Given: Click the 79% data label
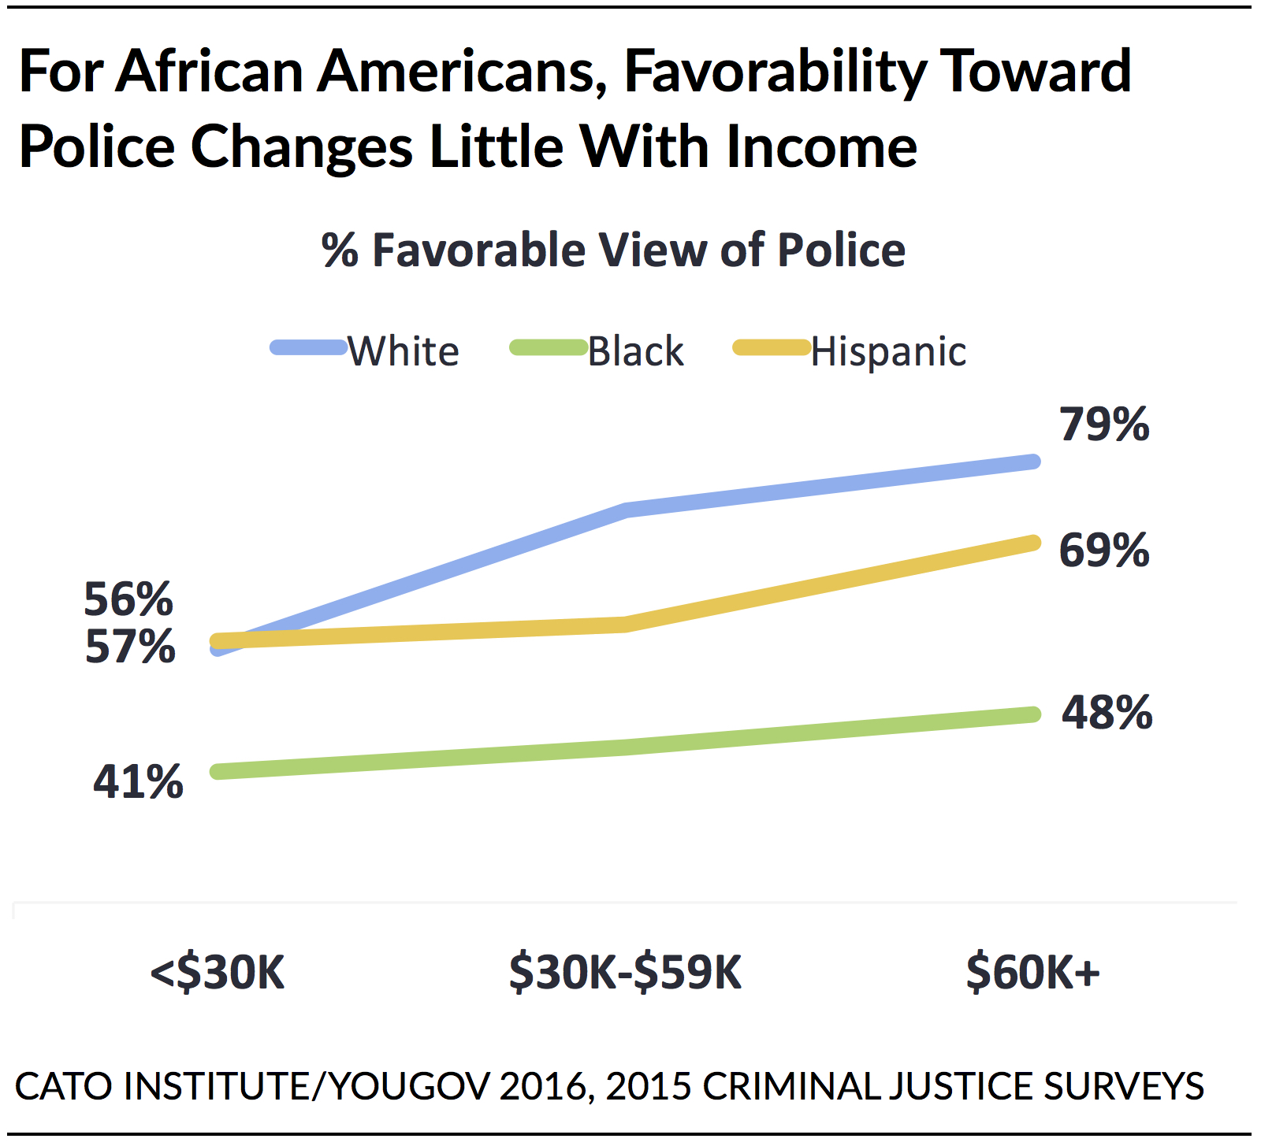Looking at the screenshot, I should (1104, 425).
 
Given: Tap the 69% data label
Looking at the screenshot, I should (1104, 550).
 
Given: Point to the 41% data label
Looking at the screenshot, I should (138, 782).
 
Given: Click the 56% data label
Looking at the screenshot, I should (128, 599).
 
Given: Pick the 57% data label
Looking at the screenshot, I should (130, 647).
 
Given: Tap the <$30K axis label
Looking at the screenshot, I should (218, 972).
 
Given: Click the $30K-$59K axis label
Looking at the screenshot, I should (625, 972).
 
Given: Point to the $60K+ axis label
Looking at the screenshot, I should (1032, 972).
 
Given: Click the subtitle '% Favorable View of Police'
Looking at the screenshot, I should (613, 250).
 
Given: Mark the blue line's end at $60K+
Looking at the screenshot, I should (1033, 462).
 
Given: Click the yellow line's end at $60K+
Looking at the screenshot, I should (1033, 543).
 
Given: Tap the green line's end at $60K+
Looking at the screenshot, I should (1033, 714).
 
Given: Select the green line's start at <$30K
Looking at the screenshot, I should (218, 772).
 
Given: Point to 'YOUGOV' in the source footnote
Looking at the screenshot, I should (408, 1086).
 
